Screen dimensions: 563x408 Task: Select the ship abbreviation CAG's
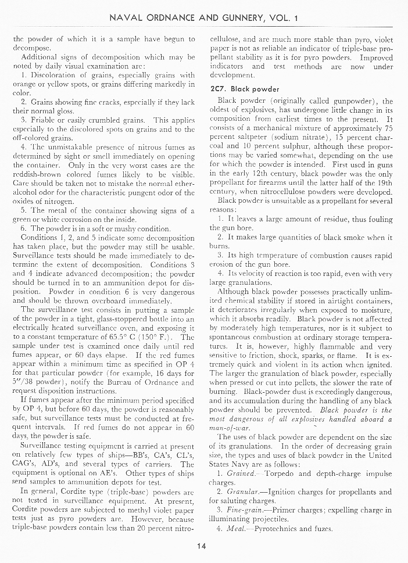pos(25,464)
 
